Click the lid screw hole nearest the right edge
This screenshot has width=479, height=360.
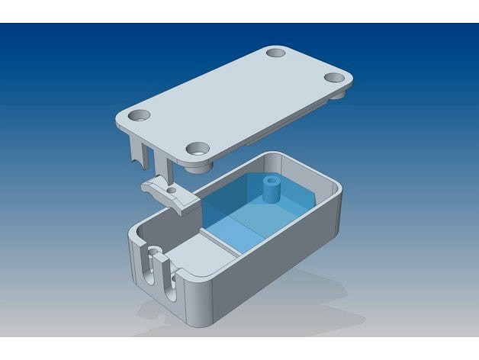[334, 77]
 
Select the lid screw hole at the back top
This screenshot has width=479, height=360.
[275, 53]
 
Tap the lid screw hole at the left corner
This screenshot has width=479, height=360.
[140, 115]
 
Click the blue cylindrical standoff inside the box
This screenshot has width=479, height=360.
[269, 189]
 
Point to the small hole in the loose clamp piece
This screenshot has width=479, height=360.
[172, 189]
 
